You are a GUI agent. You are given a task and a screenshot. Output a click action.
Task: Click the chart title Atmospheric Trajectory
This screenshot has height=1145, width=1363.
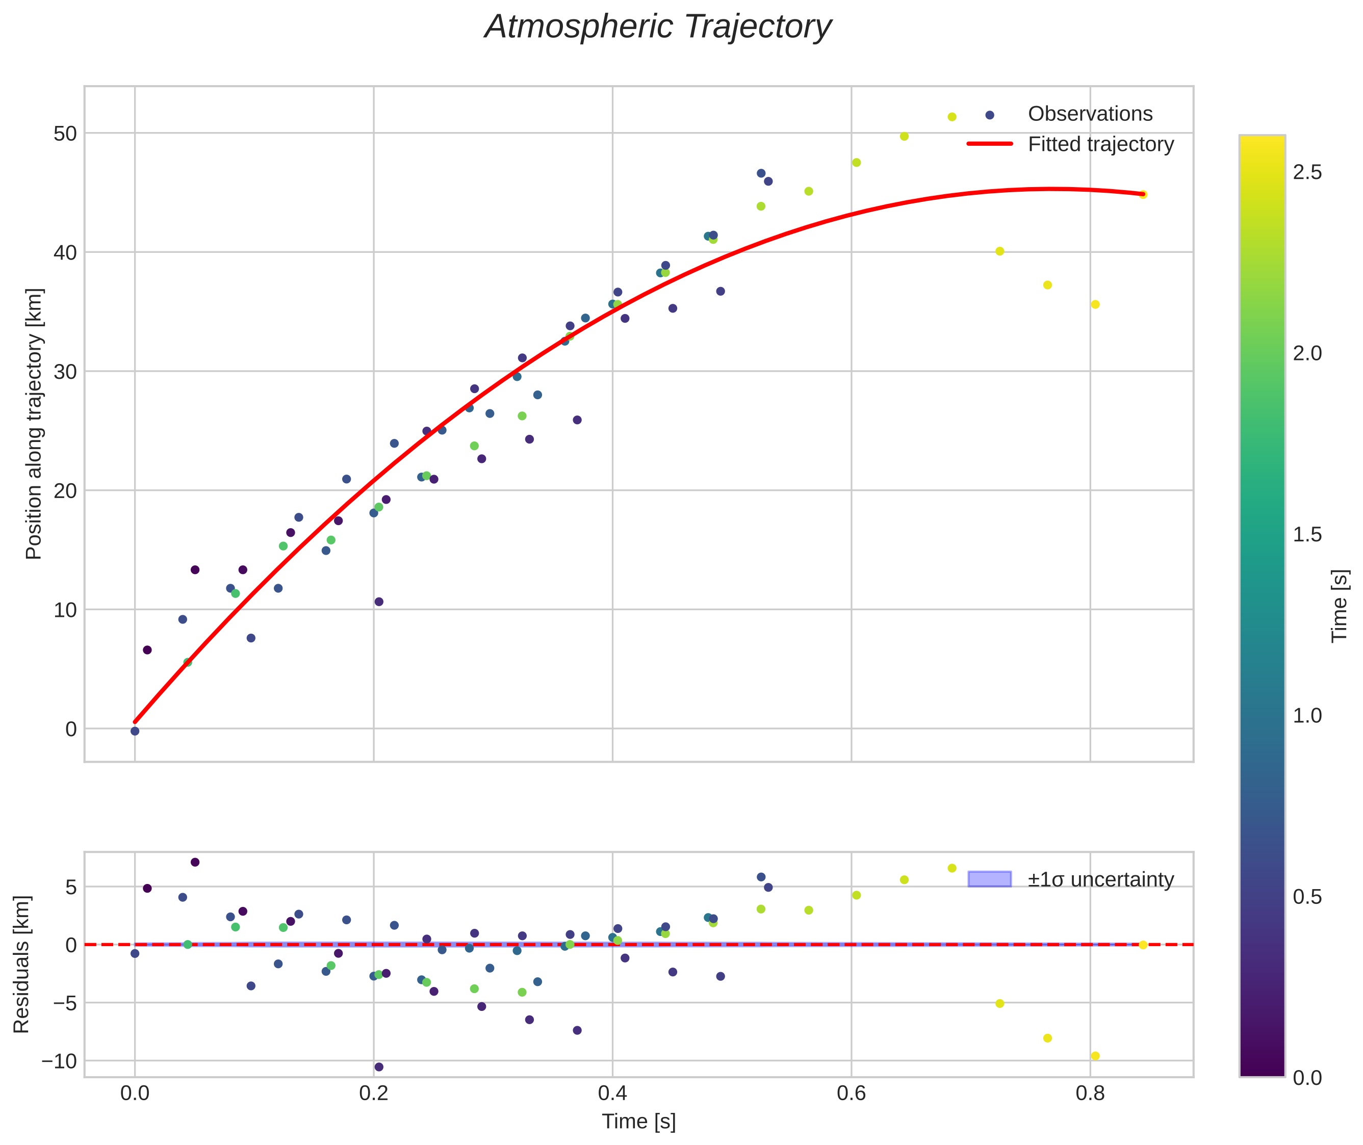658,27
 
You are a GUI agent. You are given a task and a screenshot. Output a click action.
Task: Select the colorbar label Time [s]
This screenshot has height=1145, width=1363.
1340,605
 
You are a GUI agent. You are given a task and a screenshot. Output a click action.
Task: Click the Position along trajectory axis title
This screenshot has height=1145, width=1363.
34,424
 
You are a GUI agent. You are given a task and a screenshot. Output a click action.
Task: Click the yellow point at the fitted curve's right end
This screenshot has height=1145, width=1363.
1143,195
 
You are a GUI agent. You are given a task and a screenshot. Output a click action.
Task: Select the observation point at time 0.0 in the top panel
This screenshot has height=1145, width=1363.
135,731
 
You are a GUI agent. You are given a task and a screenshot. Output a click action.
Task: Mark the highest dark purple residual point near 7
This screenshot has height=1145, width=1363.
195,862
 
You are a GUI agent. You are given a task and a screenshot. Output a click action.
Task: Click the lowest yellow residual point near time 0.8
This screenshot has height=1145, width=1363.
1095,1055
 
